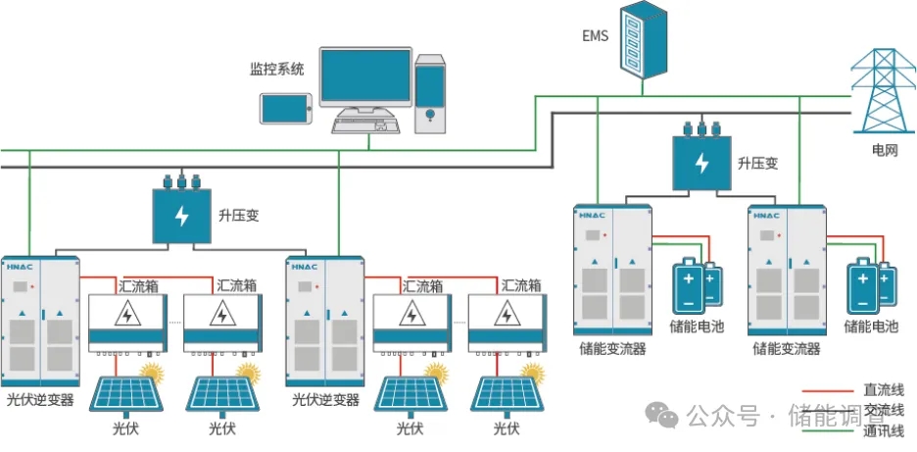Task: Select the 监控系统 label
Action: (277, 70)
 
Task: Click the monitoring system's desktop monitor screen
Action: (365, 77)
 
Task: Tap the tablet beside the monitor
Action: (285, 108)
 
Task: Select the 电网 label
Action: (885, 151)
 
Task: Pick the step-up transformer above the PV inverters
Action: (181, 215)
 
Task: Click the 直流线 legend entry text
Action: (883, 389)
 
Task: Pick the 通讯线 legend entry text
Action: (883, 429)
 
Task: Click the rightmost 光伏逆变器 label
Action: (326, 400)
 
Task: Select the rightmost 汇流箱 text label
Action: (521, 286)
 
